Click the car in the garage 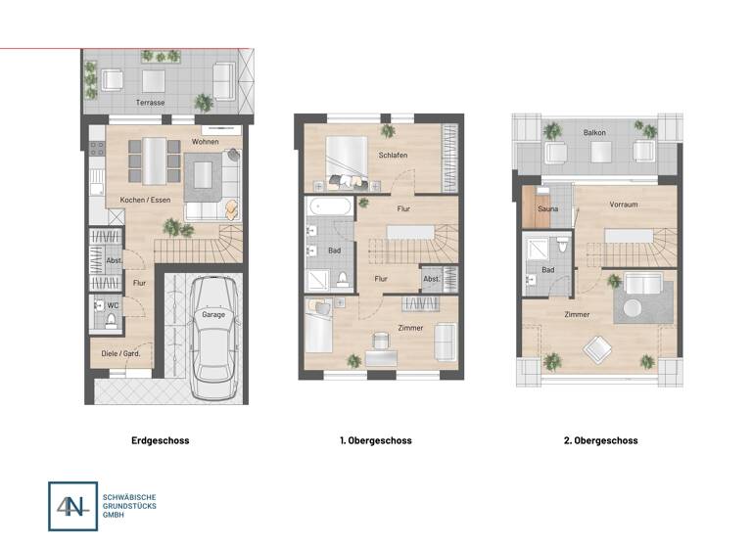coord(213,339)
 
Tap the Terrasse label coord(151,102)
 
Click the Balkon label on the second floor coord(594,131)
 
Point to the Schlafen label coord(393,155)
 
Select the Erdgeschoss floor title coord(160,440)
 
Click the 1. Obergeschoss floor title coord(375,440)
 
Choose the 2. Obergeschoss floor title coord(600,440)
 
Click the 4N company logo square coord(72,506)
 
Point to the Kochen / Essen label coord(139,200)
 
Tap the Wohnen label coord(205,142)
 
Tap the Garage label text coord(213,314)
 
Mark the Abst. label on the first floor coord(432,278)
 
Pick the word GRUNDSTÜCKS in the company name coord(129,506)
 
